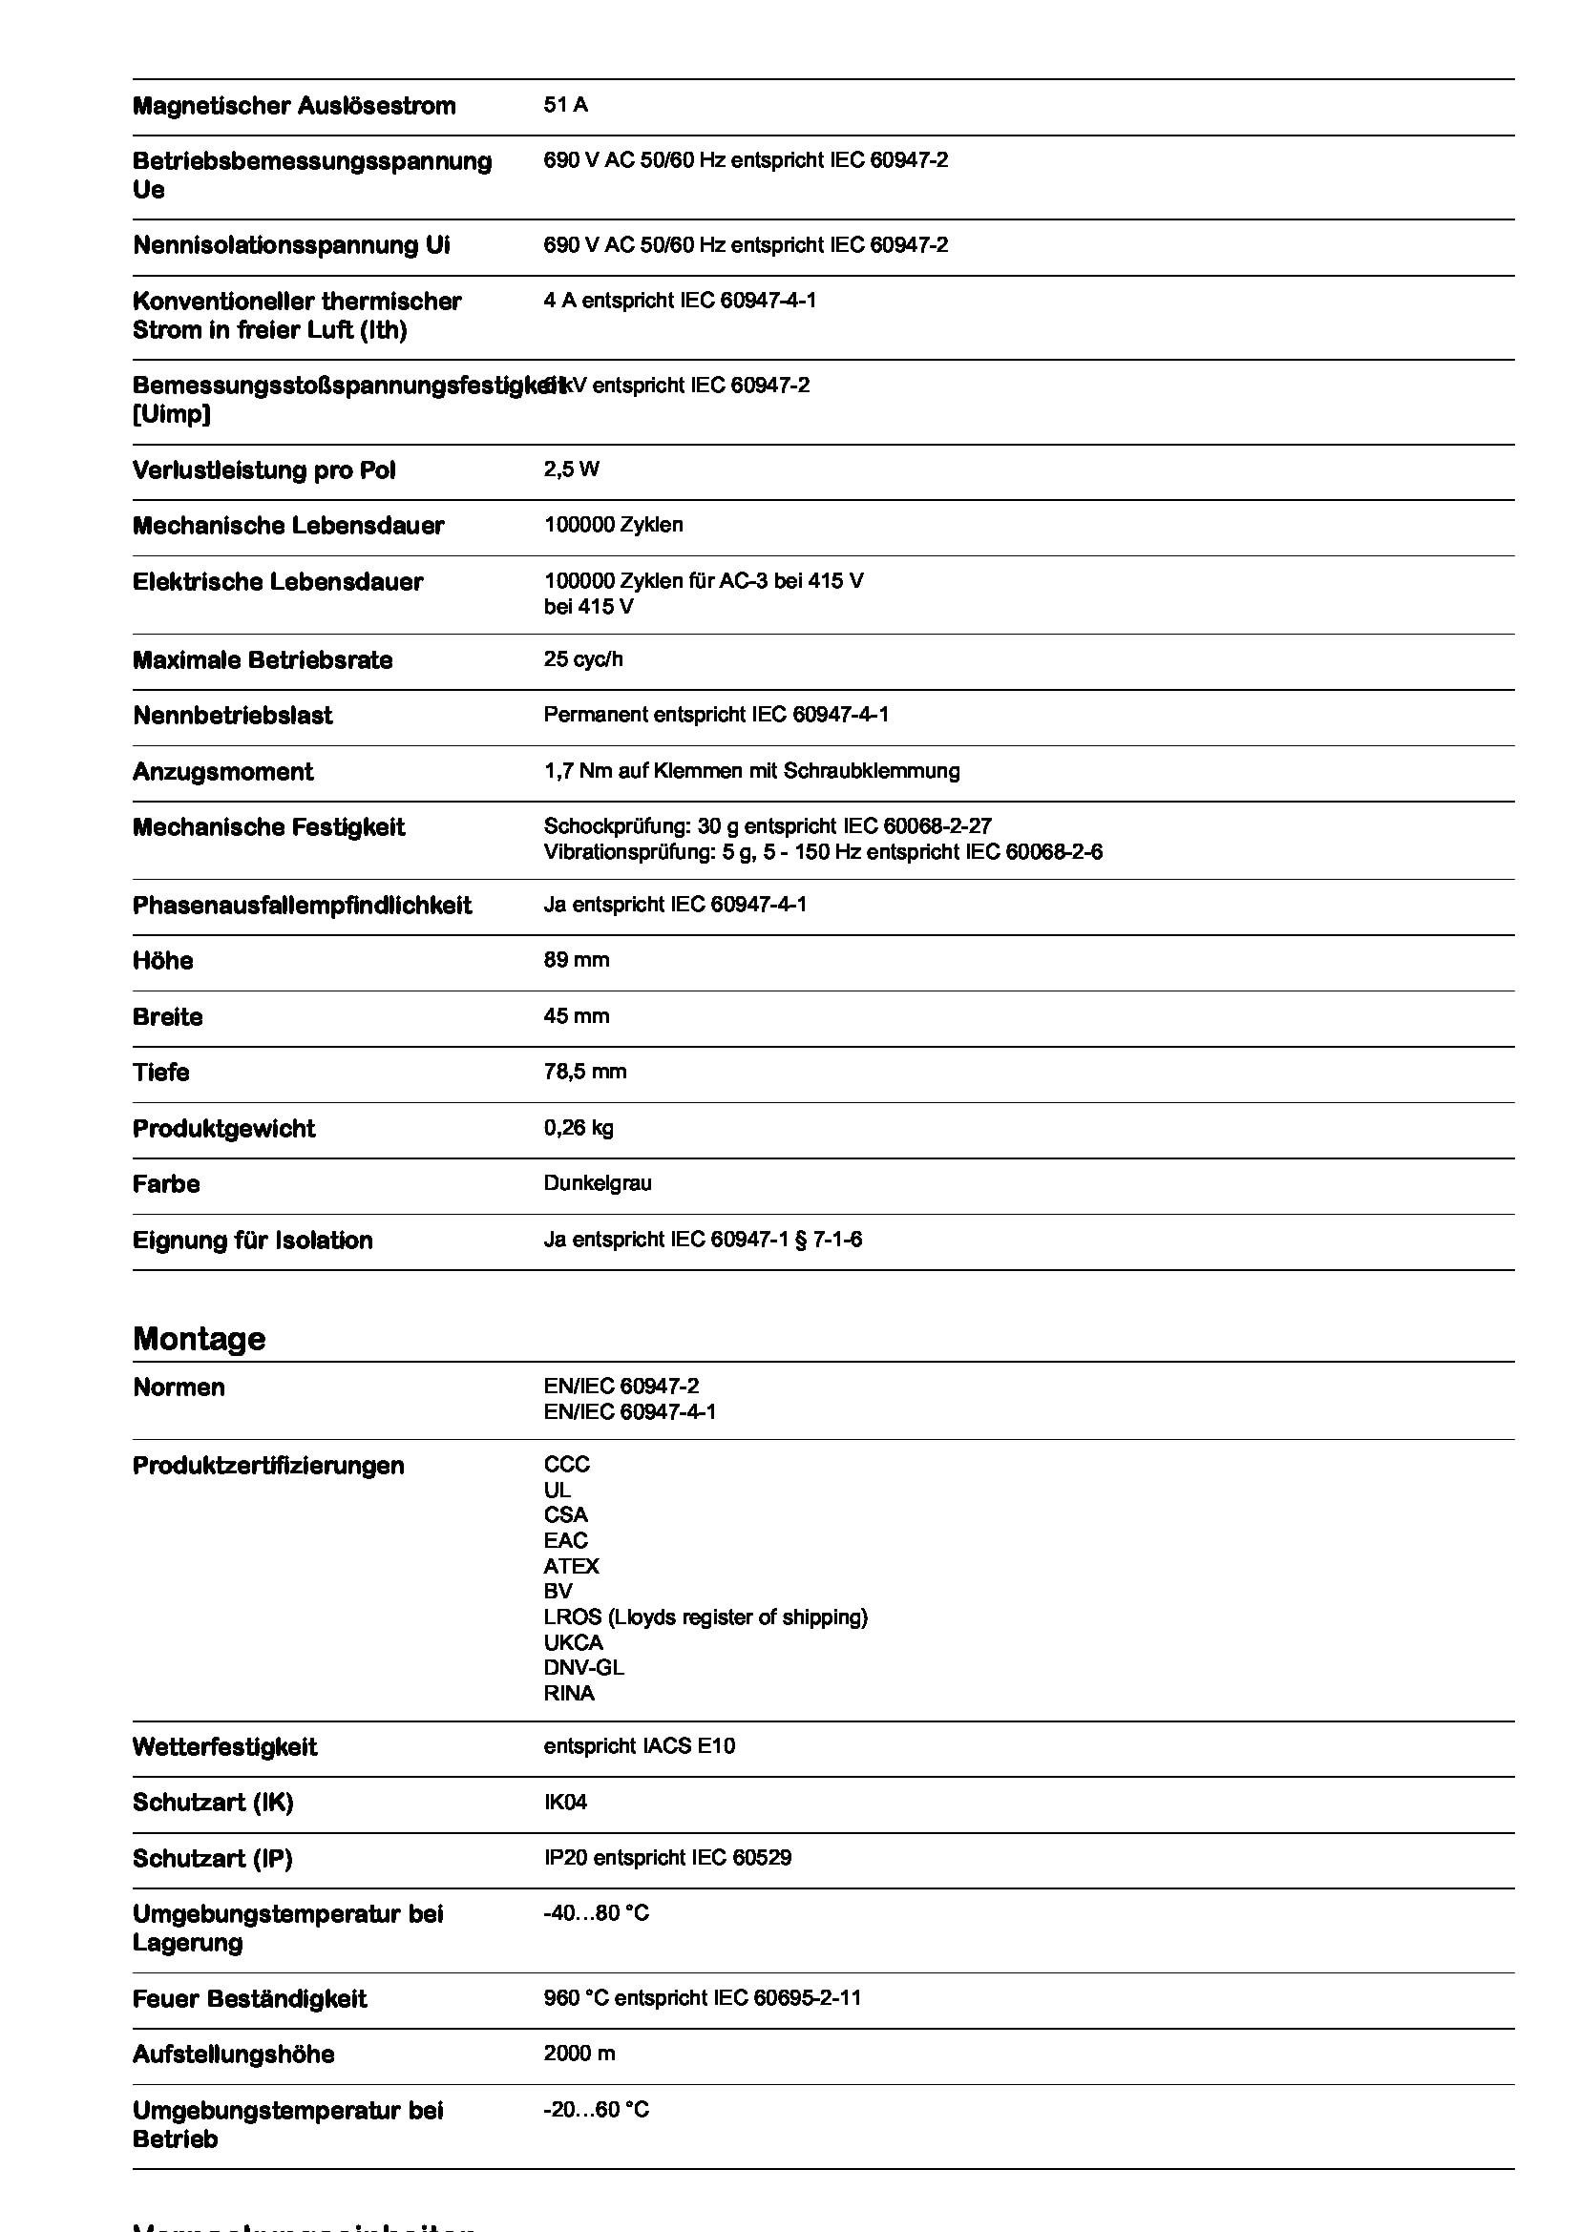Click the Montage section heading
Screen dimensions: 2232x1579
pyautogui.click(x=199, y=1339)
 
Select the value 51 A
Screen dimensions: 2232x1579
pyautogui.click(x=565, y=105)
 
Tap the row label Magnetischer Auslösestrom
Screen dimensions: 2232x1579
pyautogui.click(x=294, y=106)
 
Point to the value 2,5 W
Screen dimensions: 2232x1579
pyautogui.click(x=571, y=469)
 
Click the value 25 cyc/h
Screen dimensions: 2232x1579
pyautogui.click(x=582, y=659)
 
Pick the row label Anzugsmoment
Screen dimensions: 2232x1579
pyautogui.click(x=222, y=772)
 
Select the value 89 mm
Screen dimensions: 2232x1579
pyautogui.click(x=576, y=961)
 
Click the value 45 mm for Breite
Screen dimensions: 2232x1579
pyautogui.click(x=576, y=1016)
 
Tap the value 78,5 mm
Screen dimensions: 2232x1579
pyautogui.click(x=584, y=1072)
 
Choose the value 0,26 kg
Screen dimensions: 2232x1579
pyautogui.click(x=578, y=1128)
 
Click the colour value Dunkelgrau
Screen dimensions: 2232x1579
pyautogui.click(x=597, y=1183)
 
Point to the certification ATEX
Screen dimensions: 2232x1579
pyautogui.click(x=571, y=1566)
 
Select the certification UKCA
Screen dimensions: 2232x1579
pyautogui.click(x=573, y=1642)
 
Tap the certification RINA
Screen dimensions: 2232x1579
pyautogui.click(x=569, y=1693)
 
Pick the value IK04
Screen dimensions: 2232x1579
pyautogui.click(x=565, y=1803)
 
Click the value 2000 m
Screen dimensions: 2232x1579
pyautogui.click(x=579, y=2054)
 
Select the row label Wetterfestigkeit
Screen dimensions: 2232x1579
pyautogui.click(x=224, y=1747)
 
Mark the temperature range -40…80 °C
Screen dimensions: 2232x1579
pyautogui.click(x=595, y=1913)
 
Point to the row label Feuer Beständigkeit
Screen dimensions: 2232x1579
pyautogui.click(x=249, y=1999)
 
